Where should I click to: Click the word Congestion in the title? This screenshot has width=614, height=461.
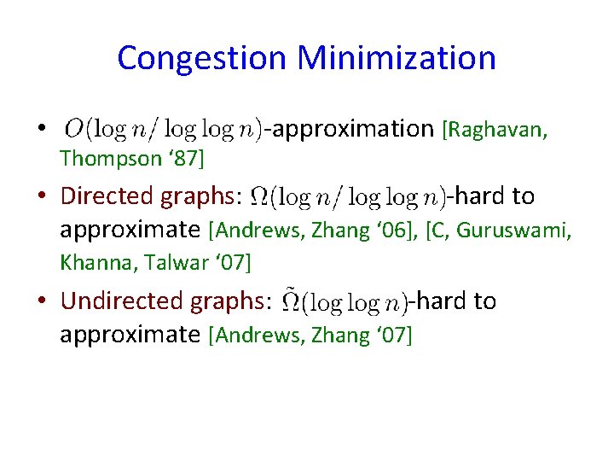tap(201, 58)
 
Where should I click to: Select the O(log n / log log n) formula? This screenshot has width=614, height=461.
tap(162, 129)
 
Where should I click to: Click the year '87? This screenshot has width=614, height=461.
tap(181, 158)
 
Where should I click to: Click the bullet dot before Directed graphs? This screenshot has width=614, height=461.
tap(40, 197)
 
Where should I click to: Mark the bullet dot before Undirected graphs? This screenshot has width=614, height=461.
tap(40, 301)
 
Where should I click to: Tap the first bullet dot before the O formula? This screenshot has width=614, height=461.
tap(40, 129)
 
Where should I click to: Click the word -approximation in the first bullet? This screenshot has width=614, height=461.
tap(350, 129)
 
